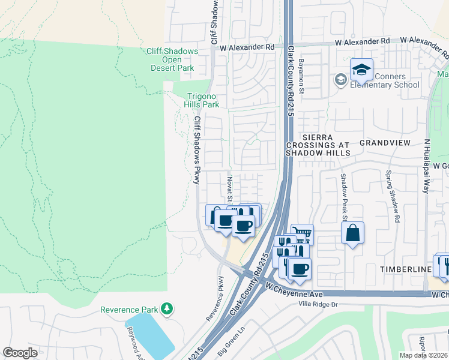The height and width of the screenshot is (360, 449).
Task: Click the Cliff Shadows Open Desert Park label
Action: click(172, 59)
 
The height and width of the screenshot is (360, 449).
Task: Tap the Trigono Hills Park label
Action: click(202, 100)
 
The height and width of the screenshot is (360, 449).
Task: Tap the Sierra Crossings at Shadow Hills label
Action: click(318, 145)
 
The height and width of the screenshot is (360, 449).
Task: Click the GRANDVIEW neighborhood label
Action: click(384, 143)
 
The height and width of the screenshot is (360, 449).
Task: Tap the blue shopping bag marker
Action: click(352, 233)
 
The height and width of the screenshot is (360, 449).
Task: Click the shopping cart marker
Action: click(302, 234)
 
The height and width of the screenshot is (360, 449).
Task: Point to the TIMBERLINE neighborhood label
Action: click(405, 270)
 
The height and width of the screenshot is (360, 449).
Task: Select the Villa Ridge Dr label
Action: click(324, 304)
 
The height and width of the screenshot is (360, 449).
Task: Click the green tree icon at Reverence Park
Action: click(166, 309)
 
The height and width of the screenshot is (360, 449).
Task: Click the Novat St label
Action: click(229, 187)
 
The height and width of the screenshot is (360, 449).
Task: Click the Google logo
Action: click(20, 353)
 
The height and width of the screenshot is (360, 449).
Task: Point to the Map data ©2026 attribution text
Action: click(423, 355)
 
